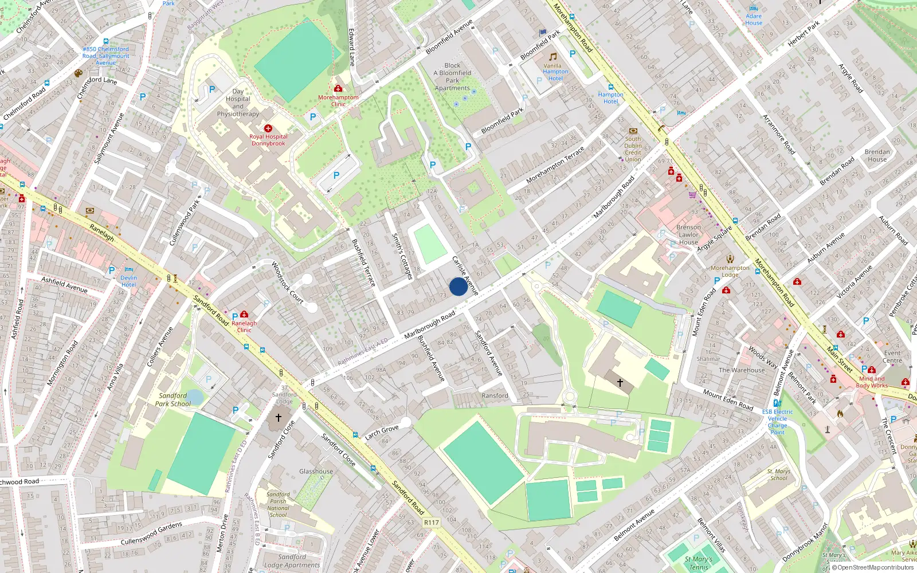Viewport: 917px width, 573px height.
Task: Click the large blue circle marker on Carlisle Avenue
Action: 458,286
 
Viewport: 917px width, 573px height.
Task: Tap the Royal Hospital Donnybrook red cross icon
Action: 268,128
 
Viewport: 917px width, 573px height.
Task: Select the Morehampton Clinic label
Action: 338,101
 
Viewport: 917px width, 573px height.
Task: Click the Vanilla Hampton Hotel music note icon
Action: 553,57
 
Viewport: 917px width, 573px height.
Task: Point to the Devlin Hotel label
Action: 128,281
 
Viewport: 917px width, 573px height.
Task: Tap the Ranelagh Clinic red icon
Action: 244,314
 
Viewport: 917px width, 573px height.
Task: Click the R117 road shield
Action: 431,523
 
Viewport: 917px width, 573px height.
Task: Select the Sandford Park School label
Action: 173,399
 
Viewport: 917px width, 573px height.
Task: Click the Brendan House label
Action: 877,155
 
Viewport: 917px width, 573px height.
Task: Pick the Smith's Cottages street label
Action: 402,256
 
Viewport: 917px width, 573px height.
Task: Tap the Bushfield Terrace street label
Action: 363,262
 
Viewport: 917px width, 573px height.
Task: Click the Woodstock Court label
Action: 287,282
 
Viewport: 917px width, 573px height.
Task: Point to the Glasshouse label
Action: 316,472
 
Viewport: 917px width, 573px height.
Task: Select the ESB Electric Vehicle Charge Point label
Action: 777,422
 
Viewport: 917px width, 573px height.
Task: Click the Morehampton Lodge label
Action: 730,271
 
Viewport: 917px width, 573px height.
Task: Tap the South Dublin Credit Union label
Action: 633,149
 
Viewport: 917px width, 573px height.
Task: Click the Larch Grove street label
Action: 382,433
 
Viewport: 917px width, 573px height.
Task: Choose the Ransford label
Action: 495,395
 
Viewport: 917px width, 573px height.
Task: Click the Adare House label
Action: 754,19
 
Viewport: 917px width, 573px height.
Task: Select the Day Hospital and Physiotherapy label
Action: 238,103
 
